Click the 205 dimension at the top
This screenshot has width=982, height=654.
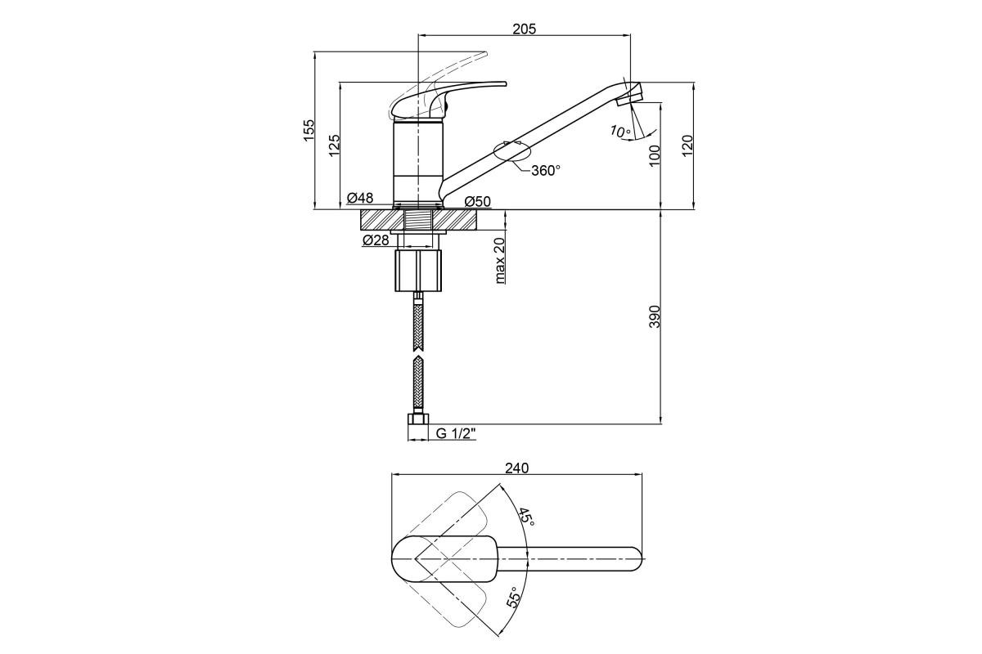[x=525, y=29]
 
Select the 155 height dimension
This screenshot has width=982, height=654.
[x=309, y=130]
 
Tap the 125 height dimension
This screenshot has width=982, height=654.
[x=334, y=146]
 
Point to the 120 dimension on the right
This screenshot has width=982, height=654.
[x=687, y=146]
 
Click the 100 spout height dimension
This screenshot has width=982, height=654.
[x=654, y=155]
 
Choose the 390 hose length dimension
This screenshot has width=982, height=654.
[x=654, y=316]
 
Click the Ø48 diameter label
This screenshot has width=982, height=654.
[x=360, y=199]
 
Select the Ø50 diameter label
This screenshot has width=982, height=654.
[x=477, y=202]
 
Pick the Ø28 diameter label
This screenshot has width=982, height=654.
[x=376, y=240]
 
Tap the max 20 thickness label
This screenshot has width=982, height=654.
[x=500, y=261]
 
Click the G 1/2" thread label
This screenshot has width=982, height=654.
[x=456, y=433]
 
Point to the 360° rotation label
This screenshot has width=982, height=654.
[x=546, y=170]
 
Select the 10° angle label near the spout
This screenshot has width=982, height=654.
[x=620, y=131]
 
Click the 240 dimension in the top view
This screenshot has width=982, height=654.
[x=517, y=468]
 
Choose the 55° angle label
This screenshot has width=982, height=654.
[x=515, y=597]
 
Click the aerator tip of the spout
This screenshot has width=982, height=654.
[x=629, y=99]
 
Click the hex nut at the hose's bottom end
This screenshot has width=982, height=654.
[x=418, y=419]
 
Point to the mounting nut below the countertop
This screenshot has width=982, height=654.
[x=418, y=271]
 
